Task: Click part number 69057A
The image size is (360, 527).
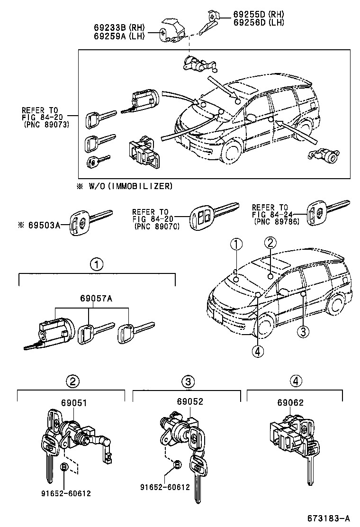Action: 97,299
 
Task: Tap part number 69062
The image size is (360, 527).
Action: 290,402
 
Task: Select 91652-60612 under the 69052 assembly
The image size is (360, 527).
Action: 165,487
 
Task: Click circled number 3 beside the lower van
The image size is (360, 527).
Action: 303,331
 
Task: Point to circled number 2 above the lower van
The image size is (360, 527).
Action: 270,243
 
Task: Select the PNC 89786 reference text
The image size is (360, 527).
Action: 277,221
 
